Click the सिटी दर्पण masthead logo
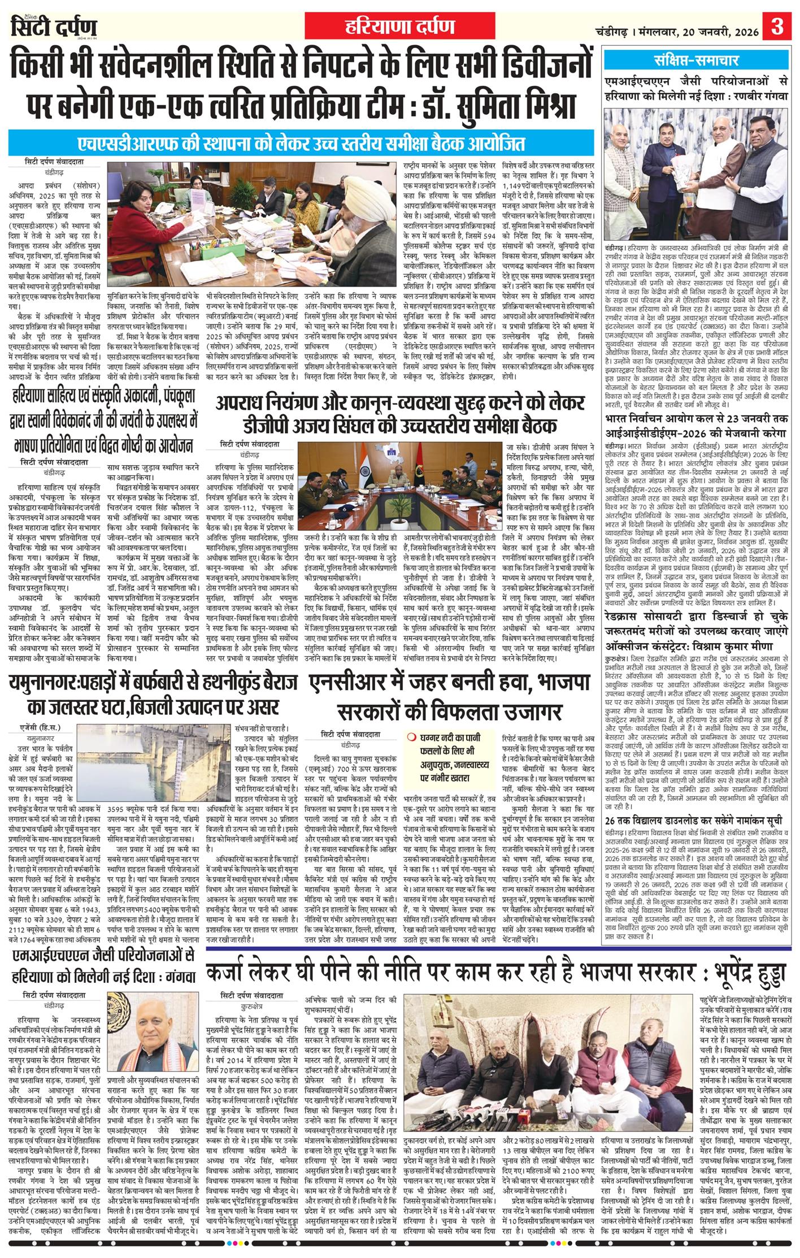[54, 27]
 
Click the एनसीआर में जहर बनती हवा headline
[450, 695]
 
